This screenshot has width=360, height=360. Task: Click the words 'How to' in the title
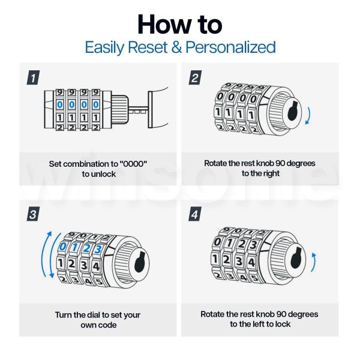tap(179, 24)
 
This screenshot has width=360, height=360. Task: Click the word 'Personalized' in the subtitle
tap(231, 47)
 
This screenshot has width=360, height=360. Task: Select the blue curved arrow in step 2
tap(308, 115)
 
